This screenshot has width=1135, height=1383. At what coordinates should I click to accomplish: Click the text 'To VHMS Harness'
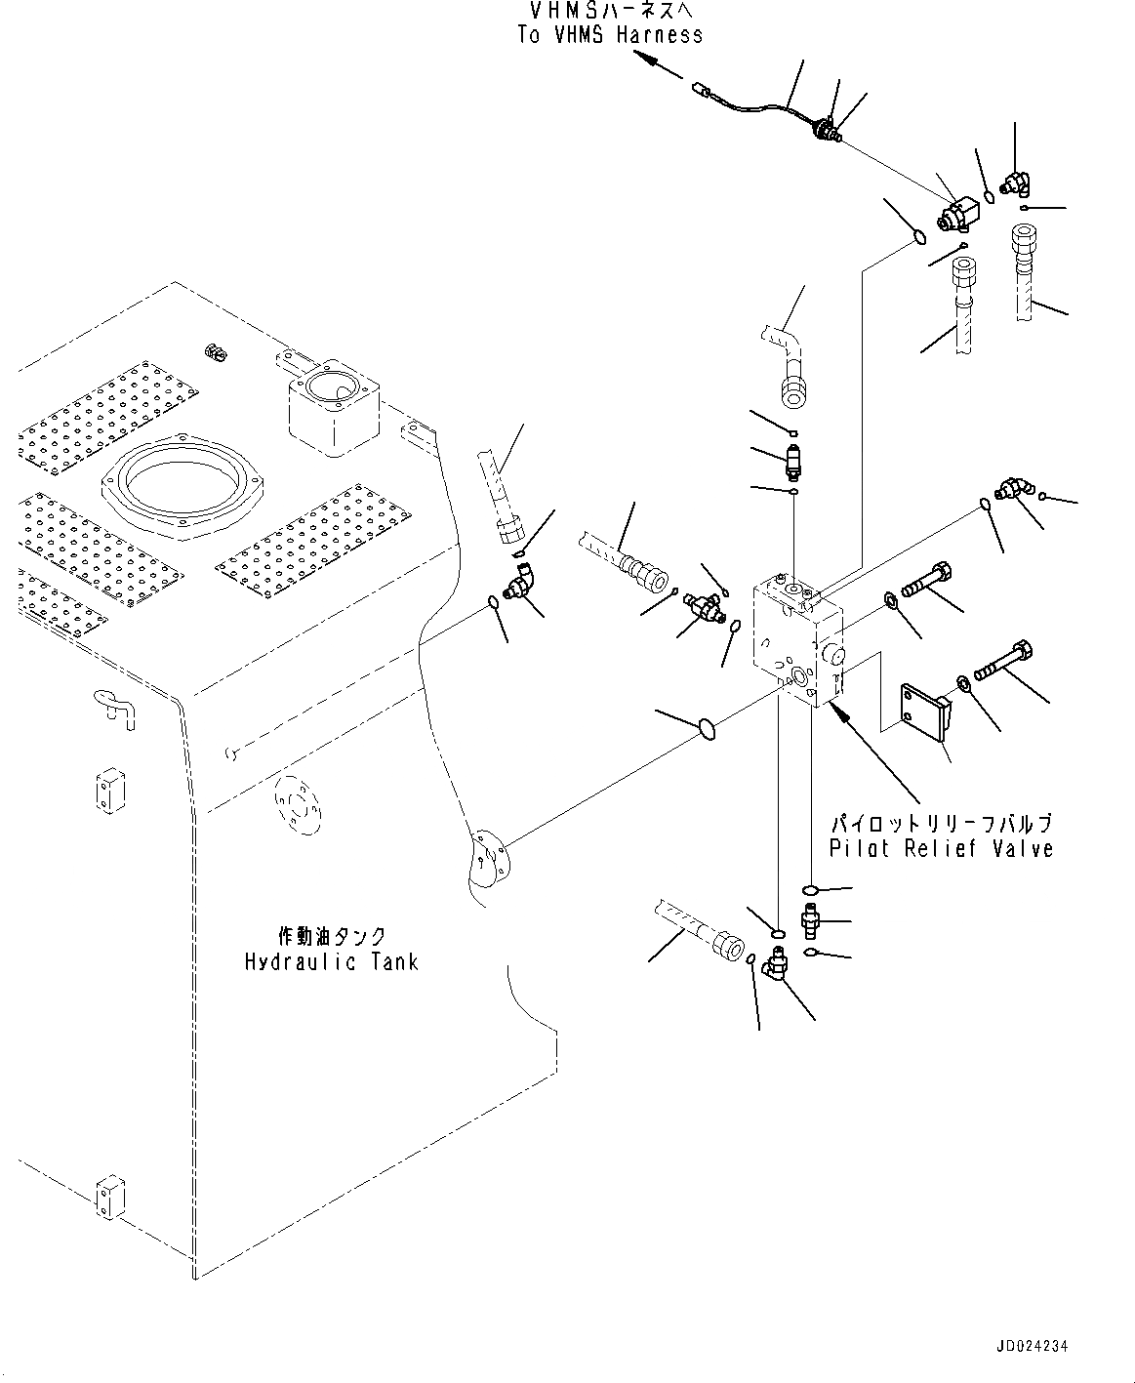(x=610, y=34)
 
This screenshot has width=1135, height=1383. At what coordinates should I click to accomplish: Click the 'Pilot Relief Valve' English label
(x=941, y=848)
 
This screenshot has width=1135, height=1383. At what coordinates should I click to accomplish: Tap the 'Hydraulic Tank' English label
(x=331, y=961)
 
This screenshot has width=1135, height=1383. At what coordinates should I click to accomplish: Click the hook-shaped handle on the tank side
(x=114, y=706)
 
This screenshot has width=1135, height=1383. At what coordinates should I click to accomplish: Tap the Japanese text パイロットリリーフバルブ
(x=942, y=822)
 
